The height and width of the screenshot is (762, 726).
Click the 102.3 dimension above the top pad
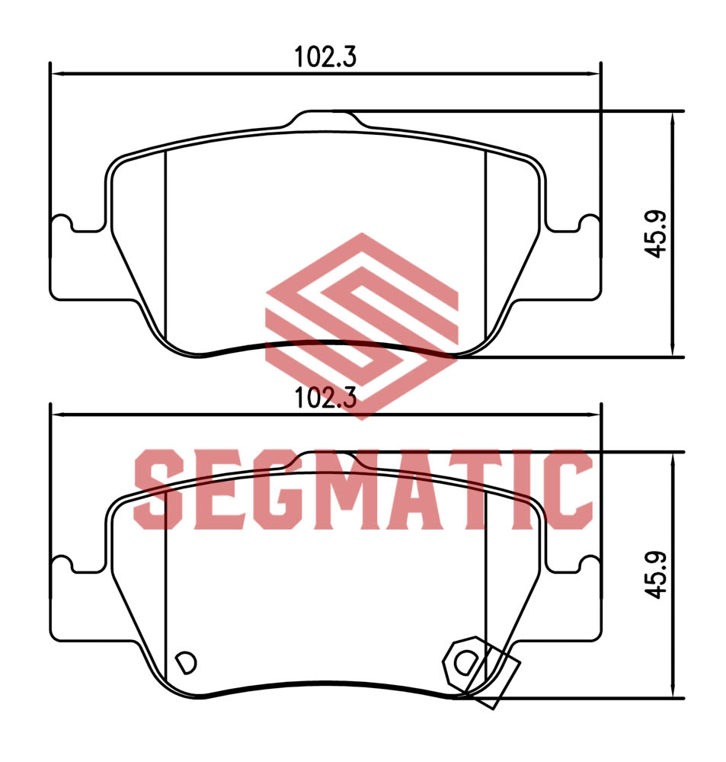coord(325,57)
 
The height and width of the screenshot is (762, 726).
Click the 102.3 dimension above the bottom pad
coord(325,398)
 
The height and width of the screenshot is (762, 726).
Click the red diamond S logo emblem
coord(362,325)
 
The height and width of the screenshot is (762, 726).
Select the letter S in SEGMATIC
coord(159,489)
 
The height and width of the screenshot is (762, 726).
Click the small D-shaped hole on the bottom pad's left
coord(186,662)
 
